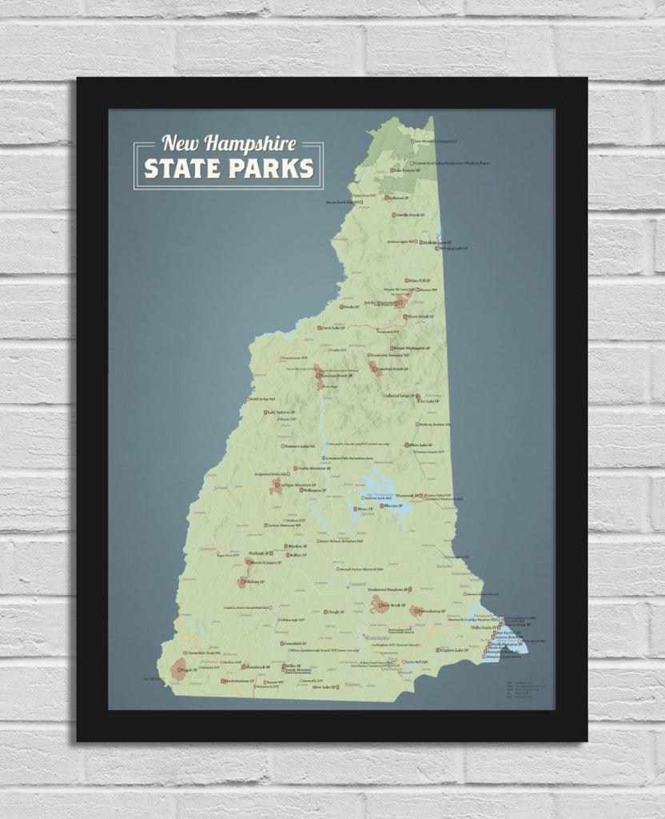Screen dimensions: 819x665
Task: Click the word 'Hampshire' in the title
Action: tap(250, 144)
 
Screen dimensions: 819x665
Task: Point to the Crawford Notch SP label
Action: tap(392, 369)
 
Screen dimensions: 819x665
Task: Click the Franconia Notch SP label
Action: tap(333, 375)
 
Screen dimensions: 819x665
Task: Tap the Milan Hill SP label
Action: tap(420, 281)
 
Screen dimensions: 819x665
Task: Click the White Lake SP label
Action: tap(420, 445)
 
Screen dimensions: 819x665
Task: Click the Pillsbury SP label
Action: tap(257, 581)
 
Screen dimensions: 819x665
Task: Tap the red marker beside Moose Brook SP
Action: tap(405, 317)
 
